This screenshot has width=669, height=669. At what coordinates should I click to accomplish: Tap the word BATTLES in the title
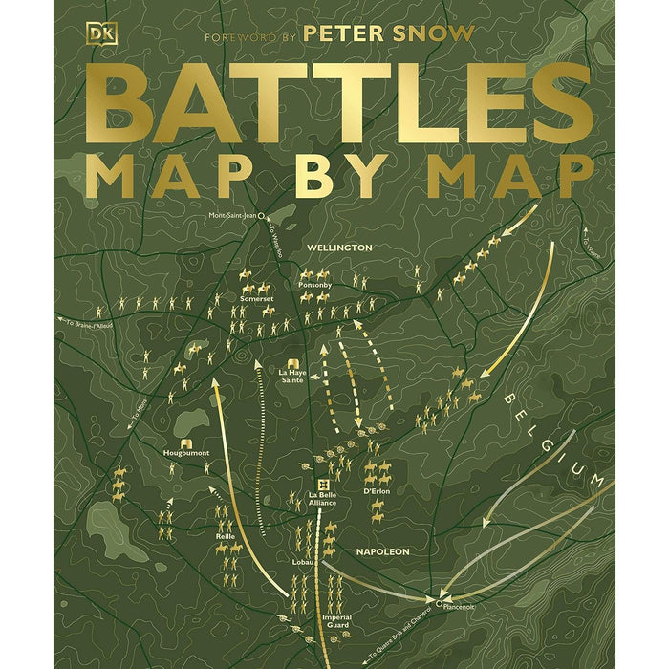pos(334,106)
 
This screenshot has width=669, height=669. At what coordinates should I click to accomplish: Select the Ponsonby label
pos(313,285)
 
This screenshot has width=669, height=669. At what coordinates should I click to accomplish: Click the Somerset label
pos(256,298)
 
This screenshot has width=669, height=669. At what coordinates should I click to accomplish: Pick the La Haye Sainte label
pos(291,375)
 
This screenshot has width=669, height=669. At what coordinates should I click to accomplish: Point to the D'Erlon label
pos(378,491)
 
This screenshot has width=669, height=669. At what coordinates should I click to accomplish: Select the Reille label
pos(226,537)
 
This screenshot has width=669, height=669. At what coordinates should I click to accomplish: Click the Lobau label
pos(303,562)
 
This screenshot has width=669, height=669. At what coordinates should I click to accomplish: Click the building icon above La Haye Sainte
pos(291,360)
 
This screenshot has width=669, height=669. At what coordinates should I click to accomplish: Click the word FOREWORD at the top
pos(235,36)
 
